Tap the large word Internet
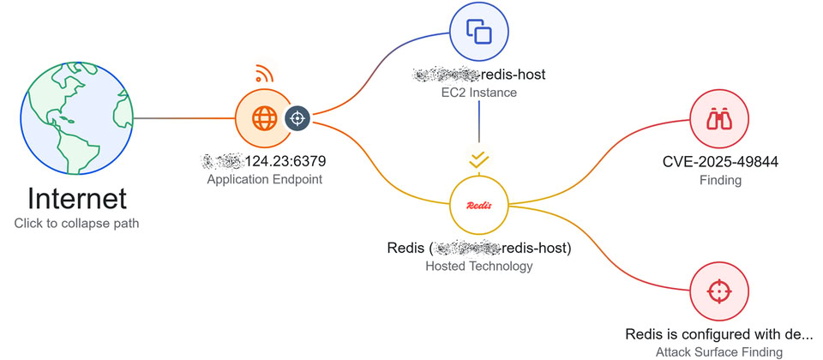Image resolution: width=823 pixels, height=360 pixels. [x=77, y=199]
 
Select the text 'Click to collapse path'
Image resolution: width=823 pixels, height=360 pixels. [x=77, y=223]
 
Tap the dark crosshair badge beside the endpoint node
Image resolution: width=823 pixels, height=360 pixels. [x=297, y=118]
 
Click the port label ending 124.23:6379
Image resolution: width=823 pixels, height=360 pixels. [x=265, y=160]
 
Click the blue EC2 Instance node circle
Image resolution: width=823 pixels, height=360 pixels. [x=478, y=33]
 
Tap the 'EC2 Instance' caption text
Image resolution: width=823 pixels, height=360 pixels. [x=478, y=92]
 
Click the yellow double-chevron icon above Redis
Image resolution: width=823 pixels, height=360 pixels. [x=478, y=159]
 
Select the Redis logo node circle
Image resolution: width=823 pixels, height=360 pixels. [x=478, y=206]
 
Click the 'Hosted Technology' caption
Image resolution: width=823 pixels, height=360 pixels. [x=478, y=267]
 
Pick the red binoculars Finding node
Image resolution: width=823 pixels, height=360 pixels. [x=718, y=121]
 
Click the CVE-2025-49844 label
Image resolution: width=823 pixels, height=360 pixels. [x=720, y=162]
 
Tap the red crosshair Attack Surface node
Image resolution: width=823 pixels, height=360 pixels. [x=718, y=291]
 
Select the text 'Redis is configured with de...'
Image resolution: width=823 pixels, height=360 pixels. [x=718, y=334]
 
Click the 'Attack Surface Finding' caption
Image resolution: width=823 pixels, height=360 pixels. [x=718, y=351]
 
